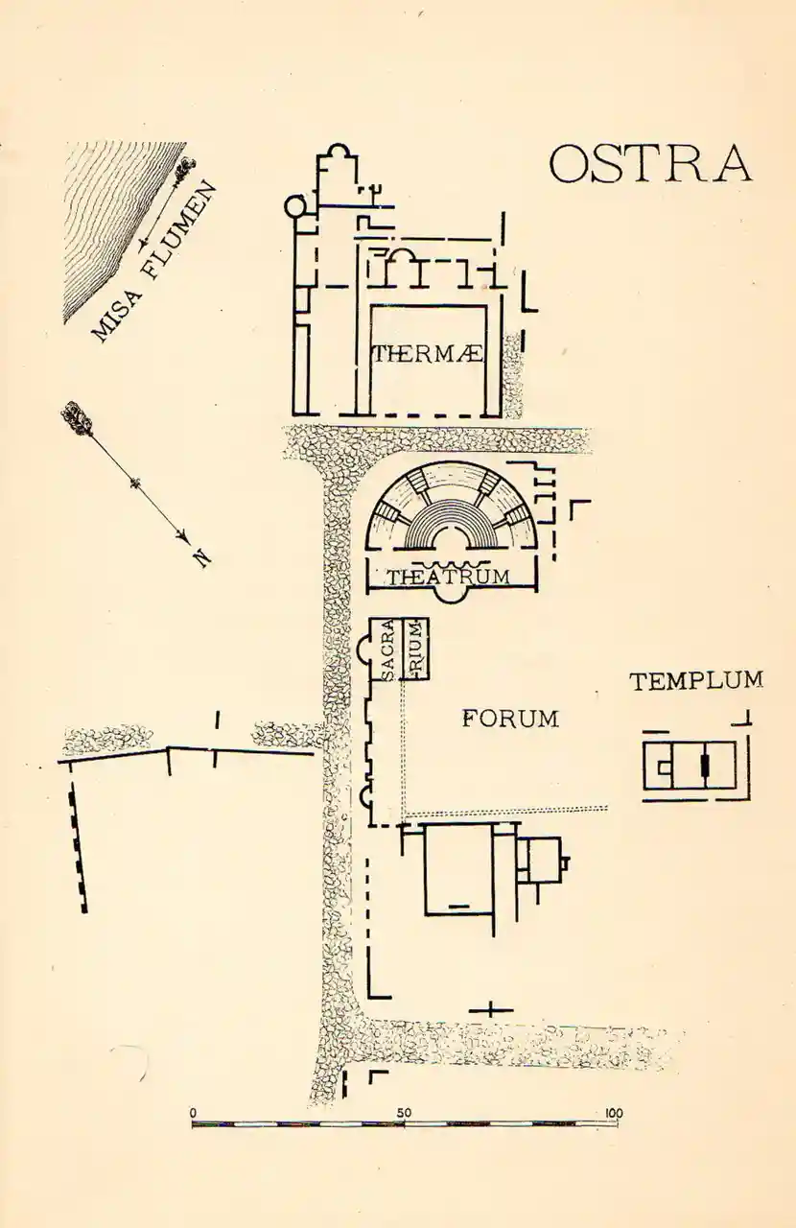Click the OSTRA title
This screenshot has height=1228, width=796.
click(x=650, y=164)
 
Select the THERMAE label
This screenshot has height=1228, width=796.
click(x=427, y=355)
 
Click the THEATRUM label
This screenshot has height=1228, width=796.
click(x=448, y=577)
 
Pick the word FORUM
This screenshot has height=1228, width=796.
click(x=510, y=718)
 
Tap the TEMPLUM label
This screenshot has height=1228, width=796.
click(x=696, y=681)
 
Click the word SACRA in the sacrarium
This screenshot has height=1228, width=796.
click(x=388, y=650)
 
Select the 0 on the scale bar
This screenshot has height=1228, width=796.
click(x=194, y=1113)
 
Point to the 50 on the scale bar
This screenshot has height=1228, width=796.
click(x=405, y=1113)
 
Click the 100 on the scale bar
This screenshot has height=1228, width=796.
click(x=613, y=1113)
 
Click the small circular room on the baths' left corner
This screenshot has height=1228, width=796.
click(x=295, y=205)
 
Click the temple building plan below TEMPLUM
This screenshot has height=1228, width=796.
click(x=695, y=766)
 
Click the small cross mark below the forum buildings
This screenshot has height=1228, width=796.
click(x=490, y=1008)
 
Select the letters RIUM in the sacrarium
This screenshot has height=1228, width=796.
click(x=416, y=649)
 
